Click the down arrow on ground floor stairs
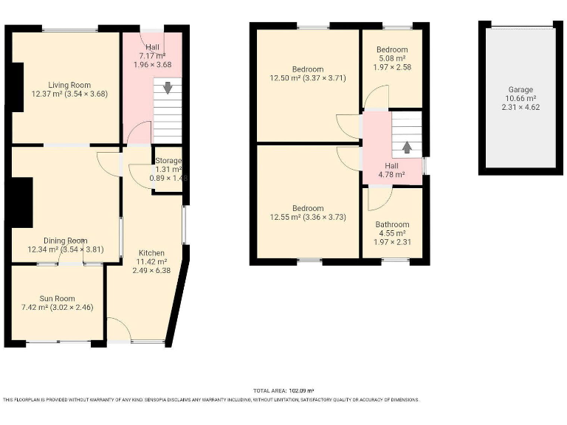[168, 87]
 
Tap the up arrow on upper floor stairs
[406, 146]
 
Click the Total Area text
[283, 390]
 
